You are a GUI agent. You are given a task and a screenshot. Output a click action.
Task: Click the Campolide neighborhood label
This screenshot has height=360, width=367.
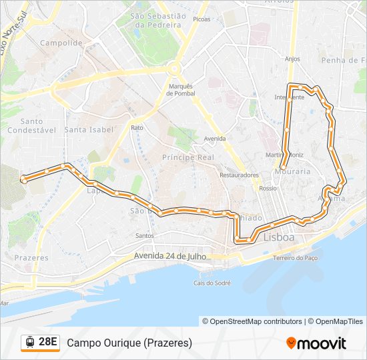61,43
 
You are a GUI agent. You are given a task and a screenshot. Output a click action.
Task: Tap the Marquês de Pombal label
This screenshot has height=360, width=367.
180,89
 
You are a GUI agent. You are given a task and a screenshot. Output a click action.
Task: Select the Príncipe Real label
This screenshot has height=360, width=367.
188,157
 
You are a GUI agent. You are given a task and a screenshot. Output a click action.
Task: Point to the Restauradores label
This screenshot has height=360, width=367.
239,175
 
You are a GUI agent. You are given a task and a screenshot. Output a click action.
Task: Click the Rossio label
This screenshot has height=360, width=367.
268,189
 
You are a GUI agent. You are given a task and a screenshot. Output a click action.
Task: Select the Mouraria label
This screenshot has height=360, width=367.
292,171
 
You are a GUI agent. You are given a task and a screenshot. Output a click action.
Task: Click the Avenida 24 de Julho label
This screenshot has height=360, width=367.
170,255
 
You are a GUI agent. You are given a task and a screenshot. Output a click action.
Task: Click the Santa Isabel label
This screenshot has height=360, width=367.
89,129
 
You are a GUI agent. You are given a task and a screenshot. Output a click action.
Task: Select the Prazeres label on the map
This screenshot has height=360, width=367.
31,257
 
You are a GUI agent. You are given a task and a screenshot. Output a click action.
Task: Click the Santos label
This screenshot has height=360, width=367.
144,235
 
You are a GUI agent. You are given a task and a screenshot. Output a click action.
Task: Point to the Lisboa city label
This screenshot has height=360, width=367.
279,237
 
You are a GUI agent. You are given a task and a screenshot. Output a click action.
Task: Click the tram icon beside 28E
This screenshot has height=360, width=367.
30,343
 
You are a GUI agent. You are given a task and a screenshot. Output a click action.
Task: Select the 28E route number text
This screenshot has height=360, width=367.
48,343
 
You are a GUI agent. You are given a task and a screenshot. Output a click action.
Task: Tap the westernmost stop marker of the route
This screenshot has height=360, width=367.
24,179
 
